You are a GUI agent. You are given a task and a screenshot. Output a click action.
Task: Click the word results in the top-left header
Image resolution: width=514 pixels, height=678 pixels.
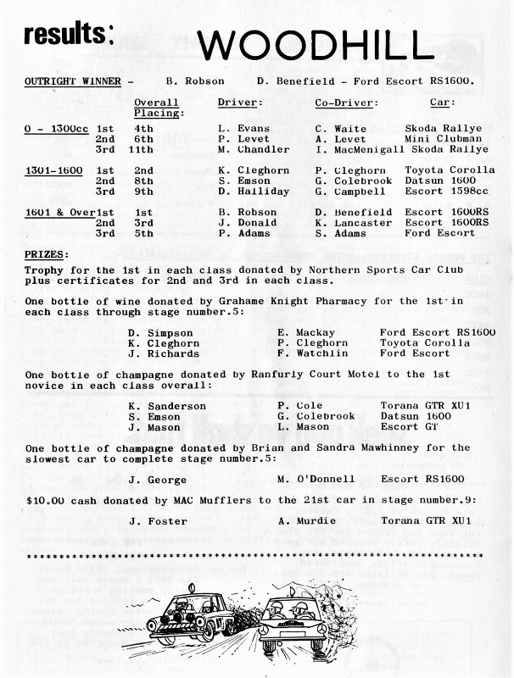69,34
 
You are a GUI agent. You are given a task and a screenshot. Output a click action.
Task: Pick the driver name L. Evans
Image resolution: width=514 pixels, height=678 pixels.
244,128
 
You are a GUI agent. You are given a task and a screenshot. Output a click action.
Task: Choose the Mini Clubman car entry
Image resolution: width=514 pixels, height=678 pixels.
443,138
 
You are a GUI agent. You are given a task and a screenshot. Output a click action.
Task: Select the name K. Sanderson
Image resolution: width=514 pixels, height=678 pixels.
167,405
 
